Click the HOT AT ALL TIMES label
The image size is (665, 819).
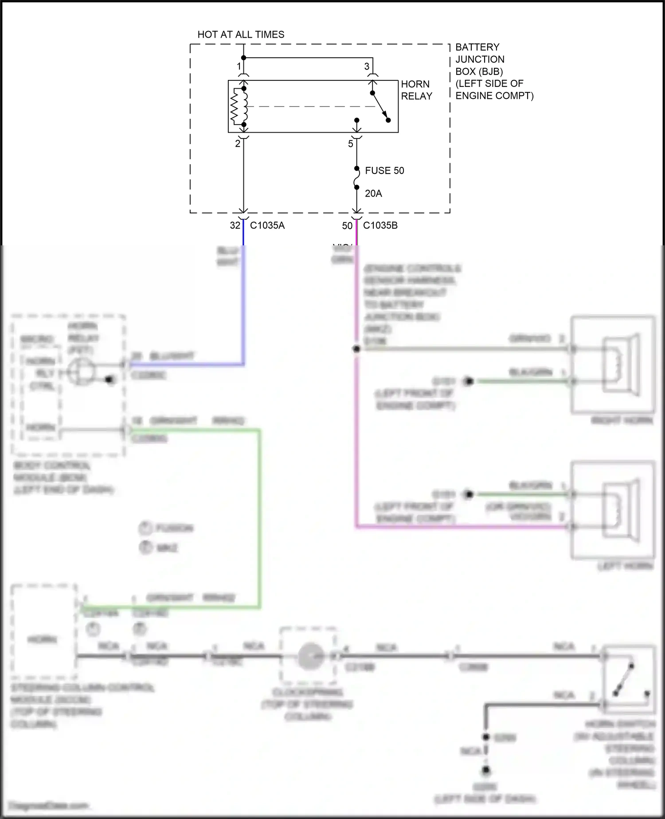click(x=241, y=35)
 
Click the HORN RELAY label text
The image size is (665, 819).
click(x=416, y=90)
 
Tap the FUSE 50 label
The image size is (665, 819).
click(x=384, y=171)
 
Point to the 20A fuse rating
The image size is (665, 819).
click(x=373, y=193)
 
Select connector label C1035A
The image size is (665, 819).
click(x=267, y=225)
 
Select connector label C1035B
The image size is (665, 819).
click(x=380, y=225)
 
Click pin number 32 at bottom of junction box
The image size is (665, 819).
click(x=235, y=225)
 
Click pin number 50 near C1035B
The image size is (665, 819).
click(x=347, y=226)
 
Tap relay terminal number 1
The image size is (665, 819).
click(x=239, y=67)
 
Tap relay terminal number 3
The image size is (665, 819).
click(x=367, y=67)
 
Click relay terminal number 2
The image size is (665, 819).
click(x=238, y=144)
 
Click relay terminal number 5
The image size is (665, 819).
click(x=351, y=144)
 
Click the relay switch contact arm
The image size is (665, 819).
click(x=380, y=106)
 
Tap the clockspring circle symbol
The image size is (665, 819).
click(x=309, y=656)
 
